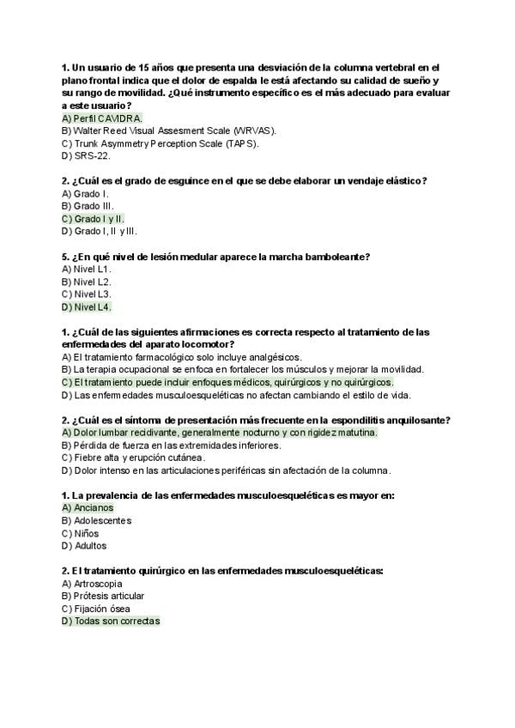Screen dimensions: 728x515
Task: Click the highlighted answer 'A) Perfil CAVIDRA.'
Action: tap(102, 118)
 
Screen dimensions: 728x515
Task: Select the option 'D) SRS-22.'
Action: tap(86, 156)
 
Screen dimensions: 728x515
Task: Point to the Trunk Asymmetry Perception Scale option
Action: tap(160, 143)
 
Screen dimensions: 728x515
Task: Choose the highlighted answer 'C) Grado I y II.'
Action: tap(94, 219)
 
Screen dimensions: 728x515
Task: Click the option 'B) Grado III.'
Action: tap(88, 206)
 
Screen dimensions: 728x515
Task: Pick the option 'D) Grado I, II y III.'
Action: tap(100, 231)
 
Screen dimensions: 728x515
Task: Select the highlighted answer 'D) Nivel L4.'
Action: tap(87, 306)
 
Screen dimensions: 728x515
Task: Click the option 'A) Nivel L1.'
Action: tap(87, 269)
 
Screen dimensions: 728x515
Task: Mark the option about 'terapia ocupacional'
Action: tap(243, 370)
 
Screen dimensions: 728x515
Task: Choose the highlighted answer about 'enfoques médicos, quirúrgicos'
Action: tap(227, 382)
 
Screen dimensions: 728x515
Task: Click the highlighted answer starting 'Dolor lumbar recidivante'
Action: tap(220, 433)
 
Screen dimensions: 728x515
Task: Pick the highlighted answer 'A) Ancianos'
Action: tap(88, 508)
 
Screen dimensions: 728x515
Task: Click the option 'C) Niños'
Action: tap(81, 533)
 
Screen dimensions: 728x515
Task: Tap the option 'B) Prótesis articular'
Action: tap(103, 596)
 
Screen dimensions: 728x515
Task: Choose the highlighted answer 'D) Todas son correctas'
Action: tap(111, 621)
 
